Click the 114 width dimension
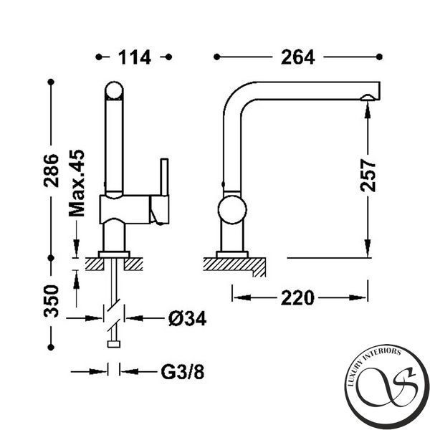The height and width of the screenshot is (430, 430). pyautogui.click(x=135, y=57)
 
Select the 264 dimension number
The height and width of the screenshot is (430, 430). pyautogui.click(x=298, y=57)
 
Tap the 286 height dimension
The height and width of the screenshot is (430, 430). pyautogui.click(x=52, y=171)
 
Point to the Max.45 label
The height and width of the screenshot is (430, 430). pyautogui.click(x=77, y=183)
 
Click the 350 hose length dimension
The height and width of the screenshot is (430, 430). pyautogui.click(x=52, y=301)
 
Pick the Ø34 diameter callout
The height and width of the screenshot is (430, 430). pyautogui.click(x=187, y=319)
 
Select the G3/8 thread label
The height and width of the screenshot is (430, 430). pyautogui.click(x=182, y=372)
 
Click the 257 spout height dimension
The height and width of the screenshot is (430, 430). pyautogui.click(x=368, y=176)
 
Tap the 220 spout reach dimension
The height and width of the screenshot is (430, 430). pyautogui.click(x=297, y=298)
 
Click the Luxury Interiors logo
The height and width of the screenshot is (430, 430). pyautogui.click(x=387, y=387)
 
